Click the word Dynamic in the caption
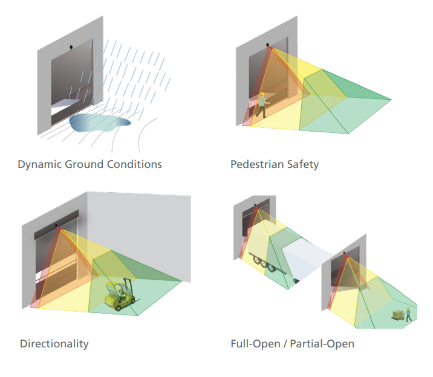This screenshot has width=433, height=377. point(39,164)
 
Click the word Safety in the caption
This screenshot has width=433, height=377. point(304,164)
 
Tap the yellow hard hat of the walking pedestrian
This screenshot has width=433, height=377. point(262,94)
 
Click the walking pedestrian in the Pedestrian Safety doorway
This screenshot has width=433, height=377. point(261,105)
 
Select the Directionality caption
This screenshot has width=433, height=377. point(54,344)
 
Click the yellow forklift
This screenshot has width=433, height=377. point(120,294)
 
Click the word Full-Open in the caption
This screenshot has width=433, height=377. point(253,344)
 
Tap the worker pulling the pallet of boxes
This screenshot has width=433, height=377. point(409,314)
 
